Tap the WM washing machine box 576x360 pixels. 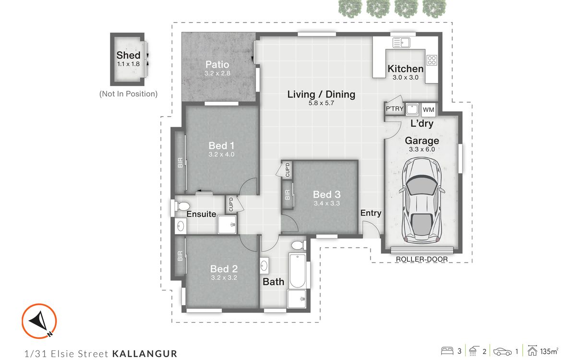(429, 109)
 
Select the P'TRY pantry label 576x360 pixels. (395, 109)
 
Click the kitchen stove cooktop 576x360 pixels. (432, 60)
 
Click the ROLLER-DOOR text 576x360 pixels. (421, 259)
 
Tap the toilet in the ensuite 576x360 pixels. (181, 206)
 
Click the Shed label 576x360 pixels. (128, 55)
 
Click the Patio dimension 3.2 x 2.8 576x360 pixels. (217, 74)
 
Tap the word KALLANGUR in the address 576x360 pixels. (144, 354)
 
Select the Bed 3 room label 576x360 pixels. (326, 194)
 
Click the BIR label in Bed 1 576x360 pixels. (180, 163)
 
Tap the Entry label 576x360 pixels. (371, 213)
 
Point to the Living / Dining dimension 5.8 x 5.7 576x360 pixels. (321, 103)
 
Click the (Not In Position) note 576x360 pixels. (128, 94)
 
